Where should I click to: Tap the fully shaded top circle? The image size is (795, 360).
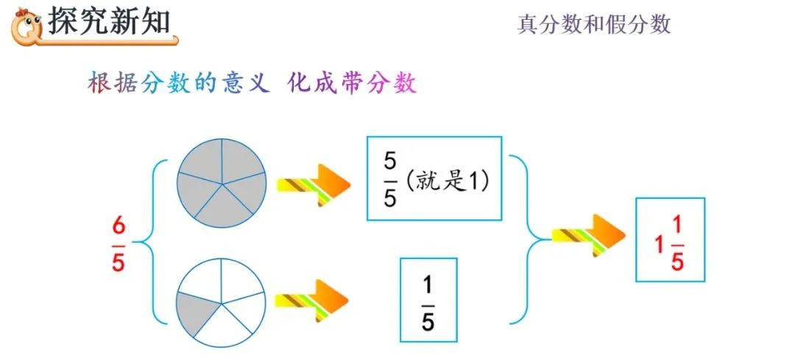click(220, 180)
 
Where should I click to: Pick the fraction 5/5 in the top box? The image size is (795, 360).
click(390, 180)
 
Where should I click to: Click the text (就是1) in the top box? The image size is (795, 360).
click(448, 181)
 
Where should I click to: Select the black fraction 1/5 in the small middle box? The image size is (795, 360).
click(428, 300)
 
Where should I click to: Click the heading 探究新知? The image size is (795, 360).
click(109, 22)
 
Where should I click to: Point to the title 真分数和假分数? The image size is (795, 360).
click(593, 24)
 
